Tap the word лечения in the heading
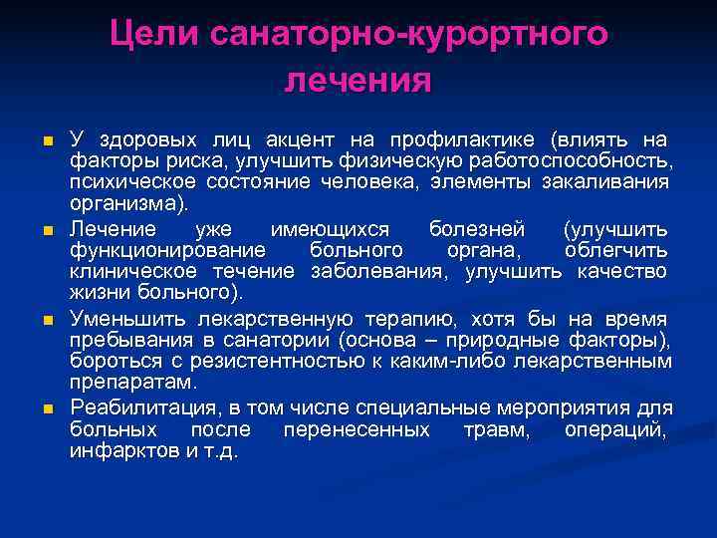(358, 80)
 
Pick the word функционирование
(167, 250)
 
